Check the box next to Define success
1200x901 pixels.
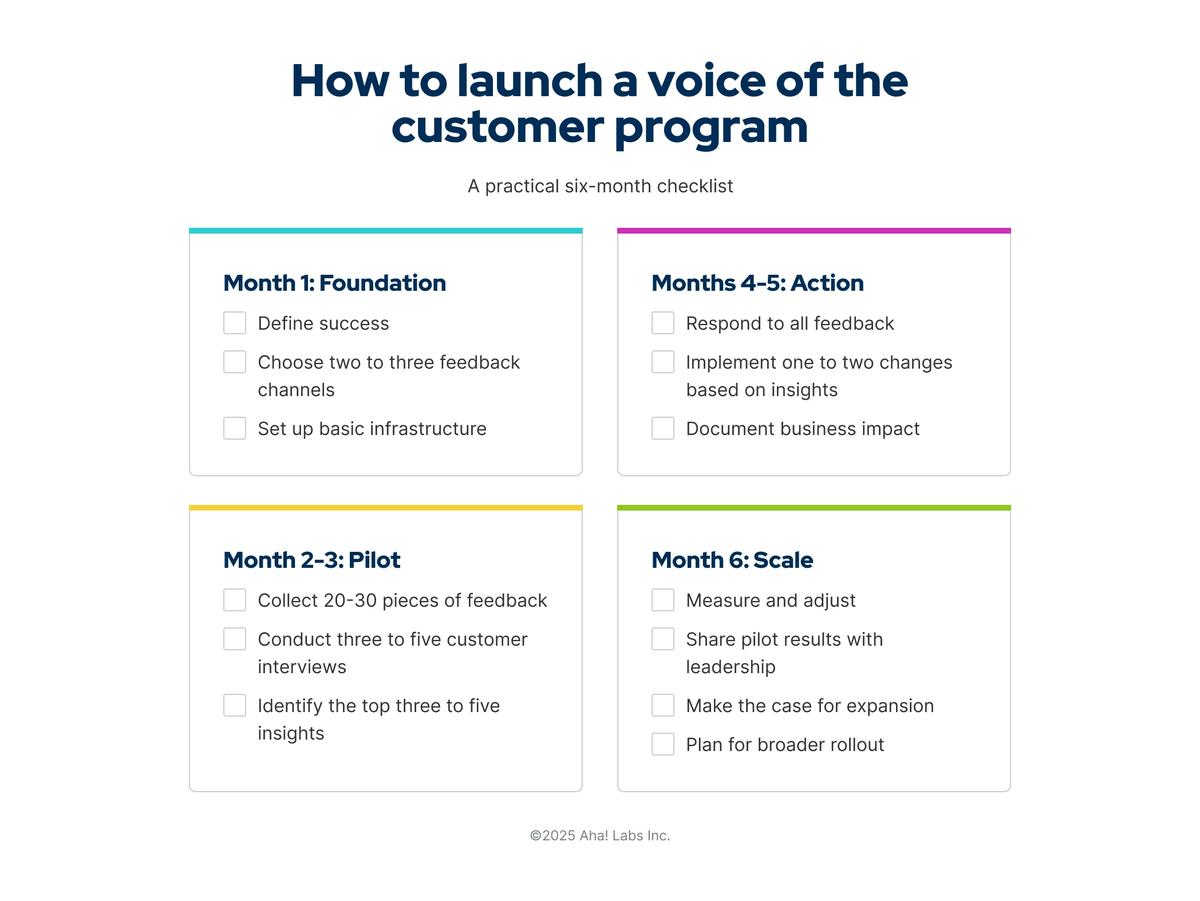(235, 323)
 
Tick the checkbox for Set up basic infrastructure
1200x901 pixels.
(235, 428)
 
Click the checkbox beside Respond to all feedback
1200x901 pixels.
(663, 323)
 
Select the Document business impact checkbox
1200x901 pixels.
(663, 428)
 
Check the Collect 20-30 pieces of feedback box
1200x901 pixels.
(235, 600)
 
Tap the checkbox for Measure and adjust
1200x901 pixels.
(663, 600)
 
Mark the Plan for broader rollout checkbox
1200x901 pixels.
(663, 744)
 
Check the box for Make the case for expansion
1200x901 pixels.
(663, 705)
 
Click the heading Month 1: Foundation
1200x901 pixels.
(334, 283)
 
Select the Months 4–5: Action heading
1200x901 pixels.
(757, 283)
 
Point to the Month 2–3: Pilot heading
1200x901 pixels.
(311, 560)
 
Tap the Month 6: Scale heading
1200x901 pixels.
(732, 560)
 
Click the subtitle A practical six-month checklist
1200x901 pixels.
(600, 186)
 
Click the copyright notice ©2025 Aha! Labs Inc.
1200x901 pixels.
(600, 836)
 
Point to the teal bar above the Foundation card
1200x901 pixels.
(386, 231)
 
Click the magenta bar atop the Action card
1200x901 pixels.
(814, 231)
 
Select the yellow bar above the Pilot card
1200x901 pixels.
(386, 508)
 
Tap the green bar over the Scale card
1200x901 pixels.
(814, 508)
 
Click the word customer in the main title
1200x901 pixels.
(497, 127)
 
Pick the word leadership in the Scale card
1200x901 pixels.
(731, 667)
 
